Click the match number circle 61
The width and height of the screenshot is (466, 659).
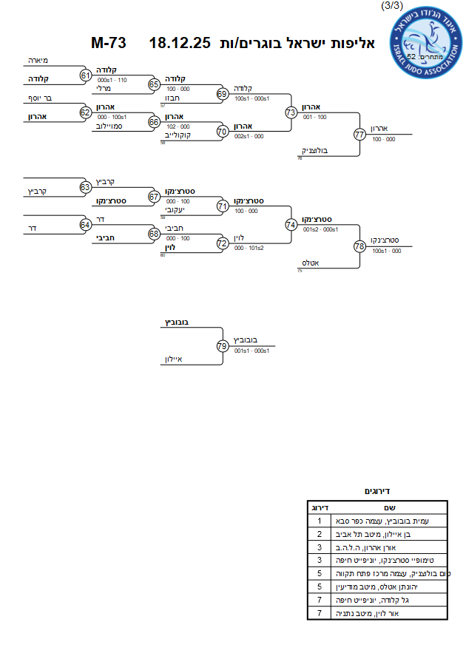coord(86,75)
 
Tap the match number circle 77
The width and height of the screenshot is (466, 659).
coord(359,135)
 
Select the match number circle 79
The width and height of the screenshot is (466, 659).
coord(223,345)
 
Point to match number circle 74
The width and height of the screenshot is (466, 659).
coord(291,223)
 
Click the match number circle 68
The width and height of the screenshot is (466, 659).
coord(154,234)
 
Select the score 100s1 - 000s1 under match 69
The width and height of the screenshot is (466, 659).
coord(251,98)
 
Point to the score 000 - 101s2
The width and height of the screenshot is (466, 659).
coord(249,248)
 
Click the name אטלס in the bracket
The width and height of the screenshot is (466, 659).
coord(309,263)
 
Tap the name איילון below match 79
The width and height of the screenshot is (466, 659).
coord(174,359)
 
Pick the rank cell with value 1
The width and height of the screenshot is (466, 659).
coord(319,521)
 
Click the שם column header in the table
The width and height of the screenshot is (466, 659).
coord(389,507)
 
